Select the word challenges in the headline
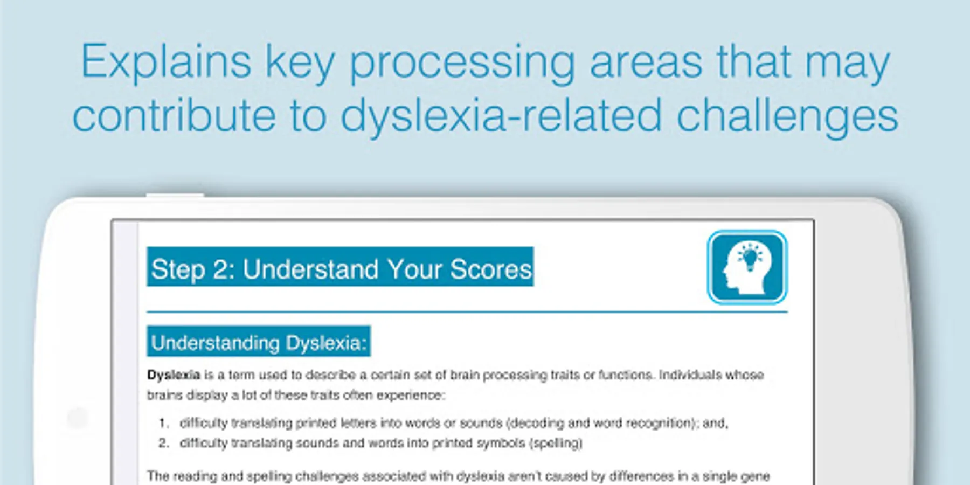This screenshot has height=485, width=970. [x=787, y=116]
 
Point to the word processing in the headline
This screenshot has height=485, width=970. [x=463, y=63]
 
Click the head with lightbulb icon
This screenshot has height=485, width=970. [x=747, y=267]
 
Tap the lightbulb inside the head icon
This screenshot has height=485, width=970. [x=751, y=257]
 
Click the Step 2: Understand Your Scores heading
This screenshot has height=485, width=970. [x=341, y=267]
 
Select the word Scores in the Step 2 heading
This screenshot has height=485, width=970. [x=491, y=269]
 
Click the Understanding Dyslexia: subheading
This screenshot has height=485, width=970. [x=259, y=341]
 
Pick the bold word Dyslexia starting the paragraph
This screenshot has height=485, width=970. [x=174, y=375]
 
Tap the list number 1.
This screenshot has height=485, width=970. [x=164, y=423]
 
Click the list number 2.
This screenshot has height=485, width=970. [x=164, y=443]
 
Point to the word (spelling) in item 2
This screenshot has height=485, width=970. [x=556, y=444]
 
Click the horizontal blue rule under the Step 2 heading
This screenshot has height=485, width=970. [x=467, y=312]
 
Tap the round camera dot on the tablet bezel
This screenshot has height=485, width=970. [x=78, y=418]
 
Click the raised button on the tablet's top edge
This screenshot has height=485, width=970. [x=175, y=195]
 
